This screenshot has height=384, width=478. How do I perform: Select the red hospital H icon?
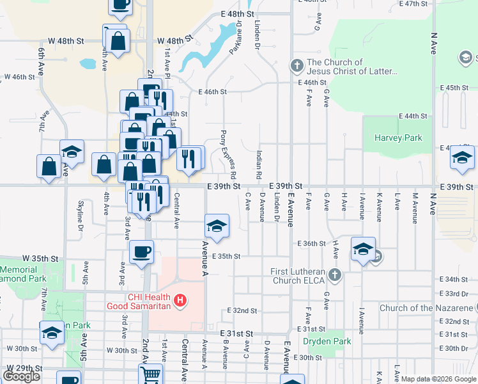coord(181,300)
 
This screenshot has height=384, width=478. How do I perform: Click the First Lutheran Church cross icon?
coord(334,276)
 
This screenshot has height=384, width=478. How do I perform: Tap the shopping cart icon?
coord(151,374)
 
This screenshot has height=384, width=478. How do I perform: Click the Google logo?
coord(21,376)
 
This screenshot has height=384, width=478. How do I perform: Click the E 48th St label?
coord(237,13)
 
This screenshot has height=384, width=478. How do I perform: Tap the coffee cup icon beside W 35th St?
coord(142,251)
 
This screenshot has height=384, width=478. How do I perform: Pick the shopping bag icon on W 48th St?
coord(119,42)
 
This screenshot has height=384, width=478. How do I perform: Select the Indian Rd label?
coord(259,164)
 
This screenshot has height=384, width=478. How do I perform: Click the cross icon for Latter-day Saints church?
coord(297,65)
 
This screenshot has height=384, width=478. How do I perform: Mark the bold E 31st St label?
coord(237,334)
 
